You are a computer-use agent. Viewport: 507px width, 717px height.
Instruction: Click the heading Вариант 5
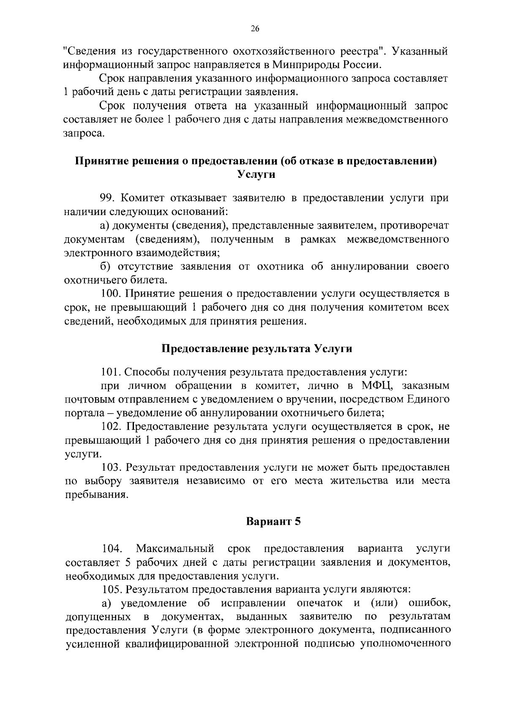[273, 521]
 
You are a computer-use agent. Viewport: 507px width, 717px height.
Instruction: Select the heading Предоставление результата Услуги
[257, 349]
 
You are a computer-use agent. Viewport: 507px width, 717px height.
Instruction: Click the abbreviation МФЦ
[377, 386]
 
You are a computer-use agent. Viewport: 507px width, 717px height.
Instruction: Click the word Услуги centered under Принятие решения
[256, 175]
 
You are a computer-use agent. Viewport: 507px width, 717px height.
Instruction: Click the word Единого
[427, 400]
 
